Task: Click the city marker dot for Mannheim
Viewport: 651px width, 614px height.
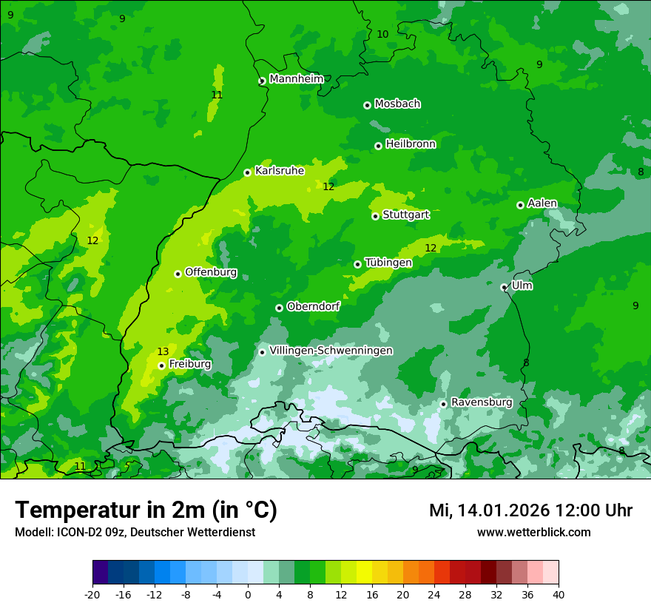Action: (x=262, y=81)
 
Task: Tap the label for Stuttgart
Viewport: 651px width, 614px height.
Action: (x=406, y=215)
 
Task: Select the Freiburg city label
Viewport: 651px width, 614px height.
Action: (x=190, y=364)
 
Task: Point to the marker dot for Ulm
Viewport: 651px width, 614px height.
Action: (x=505, y=287)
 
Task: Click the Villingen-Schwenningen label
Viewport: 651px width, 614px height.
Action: (x=331, y=351)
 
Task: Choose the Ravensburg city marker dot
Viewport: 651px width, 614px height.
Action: (x=444, y=404)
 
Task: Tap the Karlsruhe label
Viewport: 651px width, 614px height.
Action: (x=280, y=170)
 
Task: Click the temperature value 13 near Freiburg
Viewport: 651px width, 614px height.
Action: (x=163, y=351)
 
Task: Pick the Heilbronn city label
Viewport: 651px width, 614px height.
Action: (x=411, y=144)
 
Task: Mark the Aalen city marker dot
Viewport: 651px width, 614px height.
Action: (x=520, y=205)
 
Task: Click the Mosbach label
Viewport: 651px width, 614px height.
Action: (x=397, y=104)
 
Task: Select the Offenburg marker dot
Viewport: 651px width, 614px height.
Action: (x=178, y=274)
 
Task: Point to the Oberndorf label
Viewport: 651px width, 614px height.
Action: (x=314, y=306)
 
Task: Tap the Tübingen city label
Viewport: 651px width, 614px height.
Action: (x=388, y=263)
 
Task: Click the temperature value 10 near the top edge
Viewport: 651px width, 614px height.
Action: (x=382, y=34)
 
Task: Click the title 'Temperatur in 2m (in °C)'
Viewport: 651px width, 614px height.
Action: (x=146, y=510)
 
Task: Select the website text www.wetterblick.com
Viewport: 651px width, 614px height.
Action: (x=533, y=532)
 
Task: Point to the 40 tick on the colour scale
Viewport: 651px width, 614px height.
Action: (x=559, y=594)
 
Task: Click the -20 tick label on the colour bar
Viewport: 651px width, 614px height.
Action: (x=92, y=594)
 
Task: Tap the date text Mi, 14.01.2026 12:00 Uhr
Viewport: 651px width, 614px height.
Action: (x=530, y=510)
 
